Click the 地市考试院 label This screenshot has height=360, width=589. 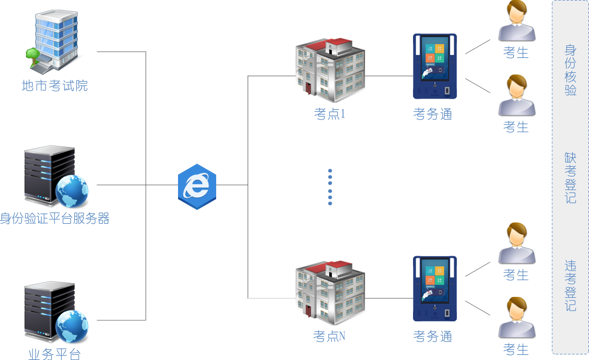tap(55, 85)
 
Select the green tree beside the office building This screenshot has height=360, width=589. tap(33, 55)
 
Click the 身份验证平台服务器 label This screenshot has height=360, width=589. tap(55, 219)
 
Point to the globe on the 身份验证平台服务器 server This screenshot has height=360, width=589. tap(72, 191)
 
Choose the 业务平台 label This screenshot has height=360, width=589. tap(54, 354)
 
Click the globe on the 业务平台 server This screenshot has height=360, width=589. tap(72, 326)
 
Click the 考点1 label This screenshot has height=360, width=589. tap(330, 114)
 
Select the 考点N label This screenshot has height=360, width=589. tap(330, 336)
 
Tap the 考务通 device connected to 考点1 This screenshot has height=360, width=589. tap(434, 66)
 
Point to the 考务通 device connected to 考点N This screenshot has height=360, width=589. tap(434, 288)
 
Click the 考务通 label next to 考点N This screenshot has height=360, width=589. tap(433, 336)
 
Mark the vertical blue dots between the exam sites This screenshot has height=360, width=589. tap(330, 187)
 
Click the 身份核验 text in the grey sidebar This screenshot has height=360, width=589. tap(571, 70)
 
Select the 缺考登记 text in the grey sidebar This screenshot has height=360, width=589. tap(571, 177)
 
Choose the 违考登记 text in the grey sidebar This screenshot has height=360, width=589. tap(571, 285)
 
